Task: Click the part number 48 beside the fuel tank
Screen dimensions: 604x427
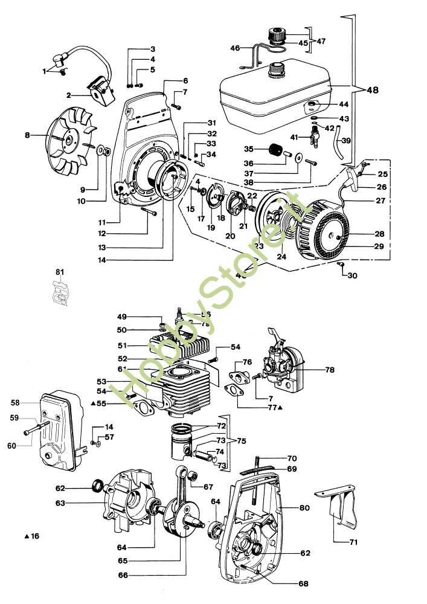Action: pos(372,90)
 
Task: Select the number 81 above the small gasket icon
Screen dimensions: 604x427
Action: pos(59,272)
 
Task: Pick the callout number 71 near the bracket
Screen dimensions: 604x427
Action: pos(353,542)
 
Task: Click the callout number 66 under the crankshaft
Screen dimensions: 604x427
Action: pos(123,574)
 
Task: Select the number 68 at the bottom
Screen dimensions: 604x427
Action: pos(303,583)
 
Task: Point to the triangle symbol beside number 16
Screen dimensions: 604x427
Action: pos(27,536)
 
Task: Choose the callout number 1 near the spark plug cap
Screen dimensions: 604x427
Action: pos(44,71)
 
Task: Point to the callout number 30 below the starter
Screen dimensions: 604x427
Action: pos(352,275)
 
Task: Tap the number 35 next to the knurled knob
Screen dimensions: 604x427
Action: pos(248,149)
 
